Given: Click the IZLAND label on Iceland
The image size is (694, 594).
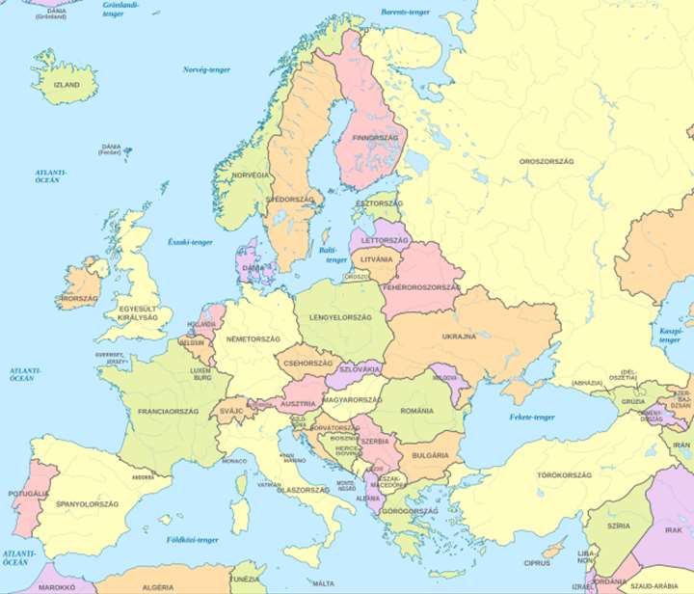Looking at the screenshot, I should point(67,85).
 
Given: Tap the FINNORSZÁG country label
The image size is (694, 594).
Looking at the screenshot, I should point(376,138).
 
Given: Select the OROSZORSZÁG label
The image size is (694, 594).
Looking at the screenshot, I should point(546,161).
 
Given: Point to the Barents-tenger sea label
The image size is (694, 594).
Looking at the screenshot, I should point(406,12).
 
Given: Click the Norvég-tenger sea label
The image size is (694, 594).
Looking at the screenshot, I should point(207,69).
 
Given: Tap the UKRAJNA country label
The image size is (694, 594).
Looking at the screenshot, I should point(459,337).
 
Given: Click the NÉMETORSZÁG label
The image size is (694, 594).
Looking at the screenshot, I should point(253,339).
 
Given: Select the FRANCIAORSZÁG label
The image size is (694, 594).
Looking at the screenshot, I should point(169,411).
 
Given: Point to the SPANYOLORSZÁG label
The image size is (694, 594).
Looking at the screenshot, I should point(87,503).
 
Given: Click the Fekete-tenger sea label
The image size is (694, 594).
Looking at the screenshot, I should point(532,418).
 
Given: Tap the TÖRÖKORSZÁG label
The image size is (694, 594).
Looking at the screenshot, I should point(536,475).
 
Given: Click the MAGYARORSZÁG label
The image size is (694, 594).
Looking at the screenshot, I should point(352,399).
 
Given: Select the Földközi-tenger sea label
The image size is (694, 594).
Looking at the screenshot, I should point(192,540).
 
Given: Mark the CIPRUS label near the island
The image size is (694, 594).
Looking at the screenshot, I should point(537,562).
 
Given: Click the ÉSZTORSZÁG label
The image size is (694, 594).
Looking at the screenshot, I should point(379,204).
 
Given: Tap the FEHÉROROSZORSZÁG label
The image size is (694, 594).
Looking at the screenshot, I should point(421,287).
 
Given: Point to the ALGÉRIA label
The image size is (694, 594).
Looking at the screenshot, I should point(158,586).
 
